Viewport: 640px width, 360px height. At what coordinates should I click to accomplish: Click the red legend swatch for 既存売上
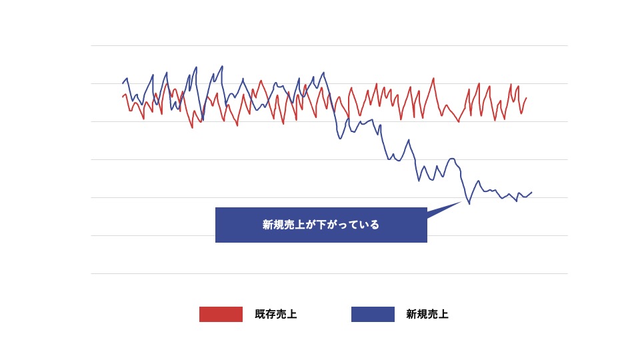pos(221,314)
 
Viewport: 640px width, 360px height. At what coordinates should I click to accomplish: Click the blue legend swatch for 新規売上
pos(373,314)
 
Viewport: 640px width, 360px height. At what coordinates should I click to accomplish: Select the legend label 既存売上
pos(275,315)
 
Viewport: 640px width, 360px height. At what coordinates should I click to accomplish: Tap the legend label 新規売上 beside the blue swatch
pos(427,315)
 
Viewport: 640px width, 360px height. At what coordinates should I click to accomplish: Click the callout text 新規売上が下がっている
pos(321,225)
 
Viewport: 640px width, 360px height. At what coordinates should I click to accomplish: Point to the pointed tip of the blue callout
pos(462,201)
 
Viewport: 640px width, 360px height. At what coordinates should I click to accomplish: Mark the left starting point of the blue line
pos(123,83)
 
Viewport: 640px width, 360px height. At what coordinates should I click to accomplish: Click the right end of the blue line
pos(532,192)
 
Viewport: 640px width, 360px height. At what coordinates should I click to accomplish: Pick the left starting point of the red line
pos(123,97)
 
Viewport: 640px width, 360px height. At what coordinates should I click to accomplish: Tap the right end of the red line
pos(527,98)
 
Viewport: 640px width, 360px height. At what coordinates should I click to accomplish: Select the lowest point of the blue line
pos(469,203)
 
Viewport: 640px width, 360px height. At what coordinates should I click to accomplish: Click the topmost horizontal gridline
pos(329,45)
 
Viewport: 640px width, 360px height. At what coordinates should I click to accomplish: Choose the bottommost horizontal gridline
pos(329,273)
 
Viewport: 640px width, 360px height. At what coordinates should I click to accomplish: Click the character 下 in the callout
pos(321,225)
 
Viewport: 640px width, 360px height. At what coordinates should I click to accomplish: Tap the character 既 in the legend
pos(259,315)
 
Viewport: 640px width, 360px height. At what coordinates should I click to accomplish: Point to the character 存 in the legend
pos(270,315)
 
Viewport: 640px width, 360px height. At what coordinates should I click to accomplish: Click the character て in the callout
pos(353,225)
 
